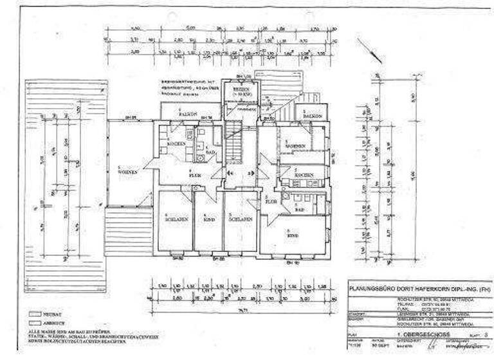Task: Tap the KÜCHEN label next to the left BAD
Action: click(x=176, y=143)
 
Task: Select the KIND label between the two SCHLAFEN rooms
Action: click(x=208, y=219)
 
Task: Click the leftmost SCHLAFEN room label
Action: click(x=175, y=219)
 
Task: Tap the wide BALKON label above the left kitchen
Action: click(x=188, y=114)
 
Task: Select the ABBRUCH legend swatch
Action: click(x=34, y=323)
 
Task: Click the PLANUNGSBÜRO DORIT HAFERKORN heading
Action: click(x=418, y=291)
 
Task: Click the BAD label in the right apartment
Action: click(x=299, y=210)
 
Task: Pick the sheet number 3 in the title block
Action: click(x=485, y=336)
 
